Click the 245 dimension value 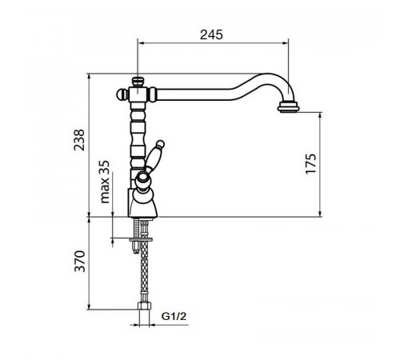pyautogui.click(x=211, y=35)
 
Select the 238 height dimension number pyautogui.click(x=79, y=140)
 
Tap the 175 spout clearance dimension pyautogui.click(x=310, y=164)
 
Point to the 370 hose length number pyautogui.click(x=80, y=261)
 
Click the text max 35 pyautogui.click(x=105, y=182)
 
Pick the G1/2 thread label pyautogui.click(x=174, y=317)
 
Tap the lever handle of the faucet pyautogui.click(x=154, y=154)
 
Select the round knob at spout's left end pyautogui.click(x=122, y=94)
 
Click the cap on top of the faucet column pyautogui.click(x=138, y=82)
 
